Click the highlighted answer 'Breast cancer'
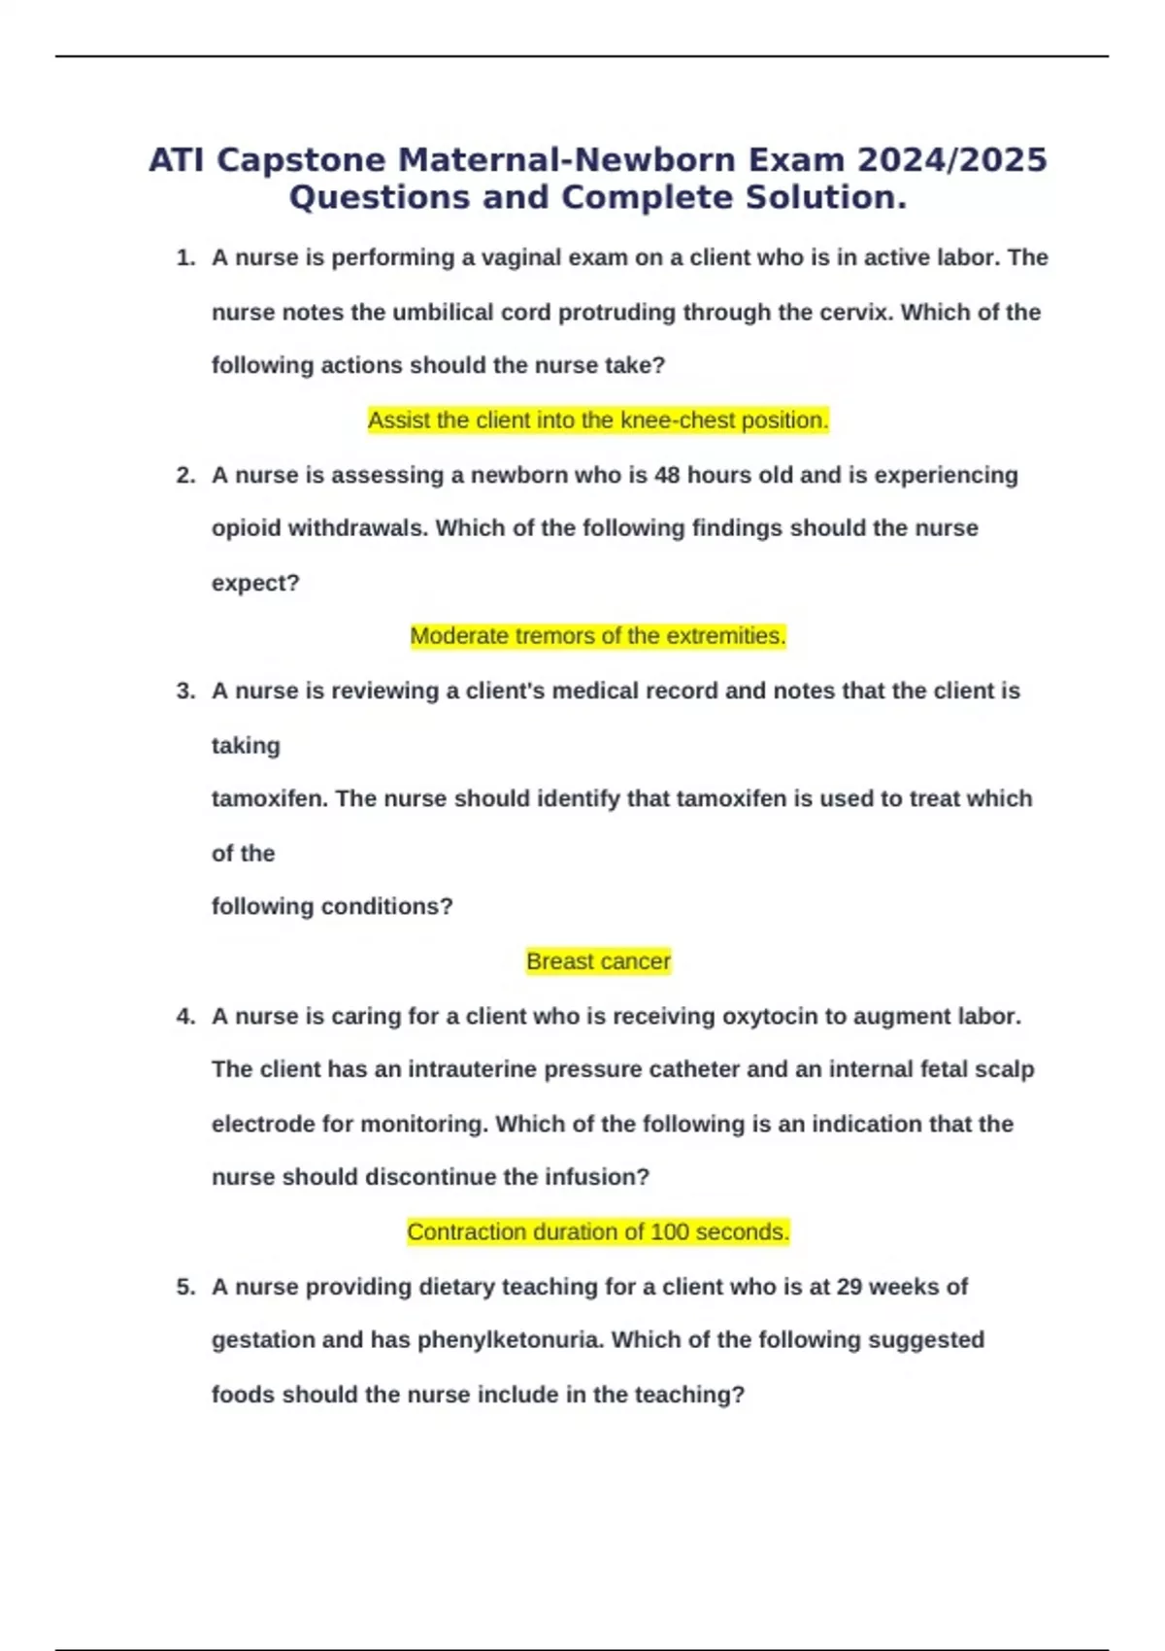[x=598, y=961]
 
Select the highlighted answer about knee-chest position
[x=598, y=421]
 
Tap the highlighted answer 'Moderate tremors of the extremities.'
[x=598, y=636]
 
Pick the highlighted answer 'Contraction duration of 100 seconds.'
[x=598, y=1231]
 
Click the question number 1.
[x=184, y=258]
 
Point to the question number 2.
[x=184, y=476]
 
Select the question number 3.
[x=184, y=691]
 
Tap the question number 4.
[x=184, y=1017]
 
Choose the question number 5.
[x=184, y=1287]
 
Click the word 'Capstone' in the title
[x=301, y=160]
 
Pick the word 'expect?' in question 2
[x=255, y=584]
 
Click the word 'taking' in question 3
[x=246, y=746]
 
